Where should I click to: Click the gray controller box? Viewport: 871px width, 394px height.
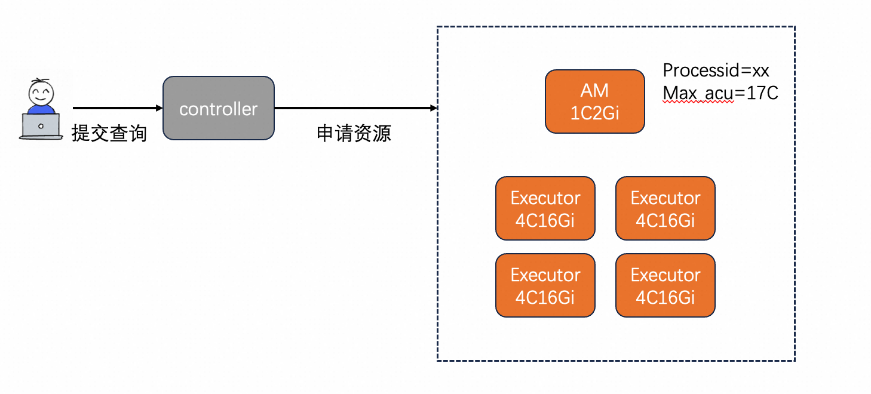[219, 108]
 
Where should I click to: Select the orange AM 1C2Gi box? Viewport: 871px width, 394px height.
[595, 101]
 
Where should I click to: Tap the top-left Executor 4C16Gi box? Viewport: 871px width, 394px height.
[545, 208]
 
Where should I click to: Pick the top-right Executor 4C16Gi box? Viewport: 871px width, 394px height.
[665, 208]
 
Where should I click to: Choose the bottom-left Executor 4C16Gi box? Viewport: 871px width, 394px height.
[545, 285]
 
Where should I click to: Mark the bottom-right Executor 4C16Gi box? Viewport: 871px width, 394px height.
[665, 285]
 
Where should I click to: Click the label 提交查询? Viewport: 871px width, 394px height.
[109, 133]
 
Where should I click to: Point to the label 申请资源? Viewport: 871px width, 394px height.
[354, 133]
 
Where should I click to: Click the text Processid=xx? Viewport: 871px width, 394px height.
[716, 70]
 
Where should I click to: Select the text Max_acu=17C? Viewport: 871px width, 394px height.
[720, 93]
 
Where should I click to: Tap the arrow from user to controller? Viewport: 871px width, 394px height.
[118, 107]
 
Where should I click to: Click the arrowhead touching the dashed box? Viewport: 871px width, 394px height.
[434, 107]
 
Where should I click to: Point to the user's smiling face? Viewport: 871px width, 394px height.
[41, 93]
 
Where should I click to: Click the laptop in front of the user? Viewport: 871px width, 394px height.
[41, 127]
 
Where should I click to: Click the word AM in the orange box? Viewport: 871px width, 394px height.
[594, 91]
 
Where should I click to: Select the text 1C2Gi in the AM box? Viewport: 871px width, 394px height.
[594, 113]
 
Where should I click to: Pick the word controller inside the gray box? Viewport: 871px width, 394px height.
[219, 109]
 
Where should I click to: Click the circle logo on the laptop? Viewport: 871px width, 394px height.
[41, 127]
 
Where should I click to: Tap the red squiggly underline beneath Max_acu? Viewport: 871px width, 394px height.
[698, 102]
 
